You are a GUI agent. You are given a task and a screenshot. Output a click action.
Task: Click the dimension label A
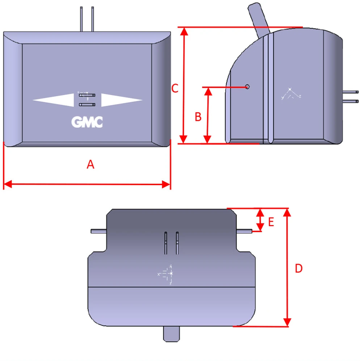point(91,165)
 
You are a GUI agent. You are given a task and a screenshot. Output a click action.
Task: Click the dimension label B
point(198,117)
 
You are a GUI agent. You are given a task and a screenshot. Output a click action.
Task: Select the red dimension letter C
point(175,88)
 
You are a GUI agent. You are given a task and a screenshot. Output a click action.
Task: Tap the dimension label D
point(298,268)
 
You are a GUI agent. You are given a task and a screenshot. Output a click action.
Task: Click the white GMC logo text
point(87,123)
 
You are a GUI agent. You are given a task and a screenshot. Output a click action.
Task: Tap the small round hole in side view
point(247,87)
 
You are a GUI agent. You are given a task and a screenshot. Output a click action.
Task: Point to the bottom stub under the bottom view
point(171,333)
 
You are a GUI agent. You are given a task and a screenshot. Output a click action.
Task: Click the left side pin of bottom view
point(98,232)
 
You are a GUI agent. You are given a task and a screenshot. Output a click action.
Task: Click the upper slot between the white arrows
point(87,95)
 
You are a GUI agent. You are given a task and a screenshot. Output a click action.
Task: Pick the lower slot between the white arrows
point(87,105)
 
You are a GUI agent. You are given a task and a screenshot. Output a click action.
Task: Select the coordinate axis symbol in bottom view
point(167,274)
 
